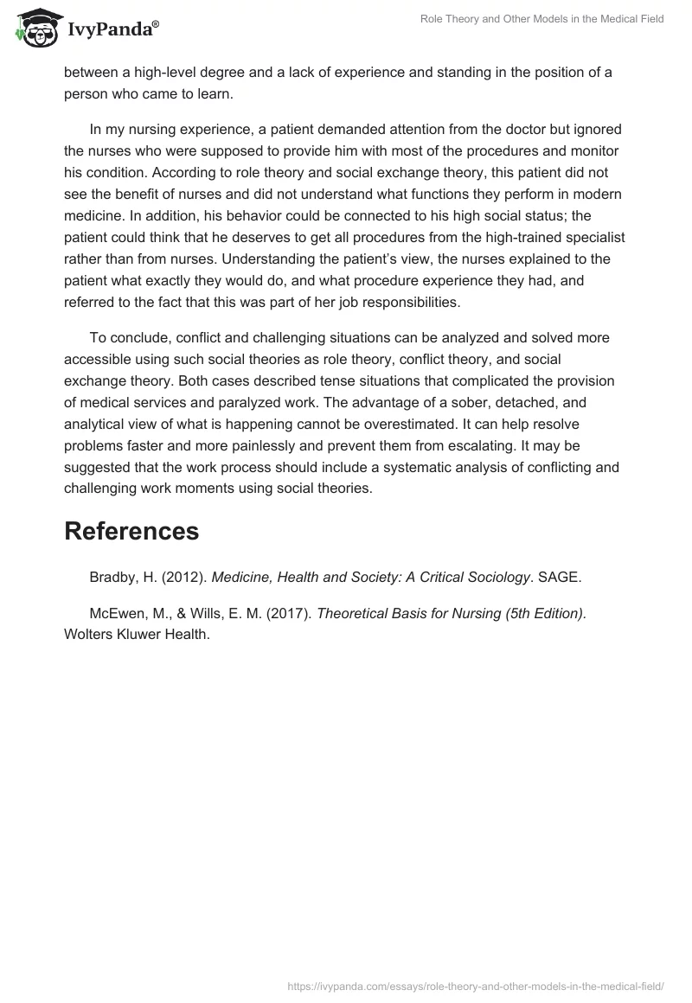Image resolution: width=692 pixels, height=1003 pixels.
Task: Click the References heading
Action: coord(131,531)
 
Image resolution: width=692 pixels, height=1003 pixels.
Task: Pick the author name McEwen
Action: coord(117,613)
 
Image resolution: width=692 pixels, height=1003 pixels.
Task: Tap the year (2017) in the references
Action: coord(292,613)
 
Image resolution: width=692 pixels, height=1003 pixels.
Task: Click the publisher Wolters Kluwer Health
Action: coord(137,634)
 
